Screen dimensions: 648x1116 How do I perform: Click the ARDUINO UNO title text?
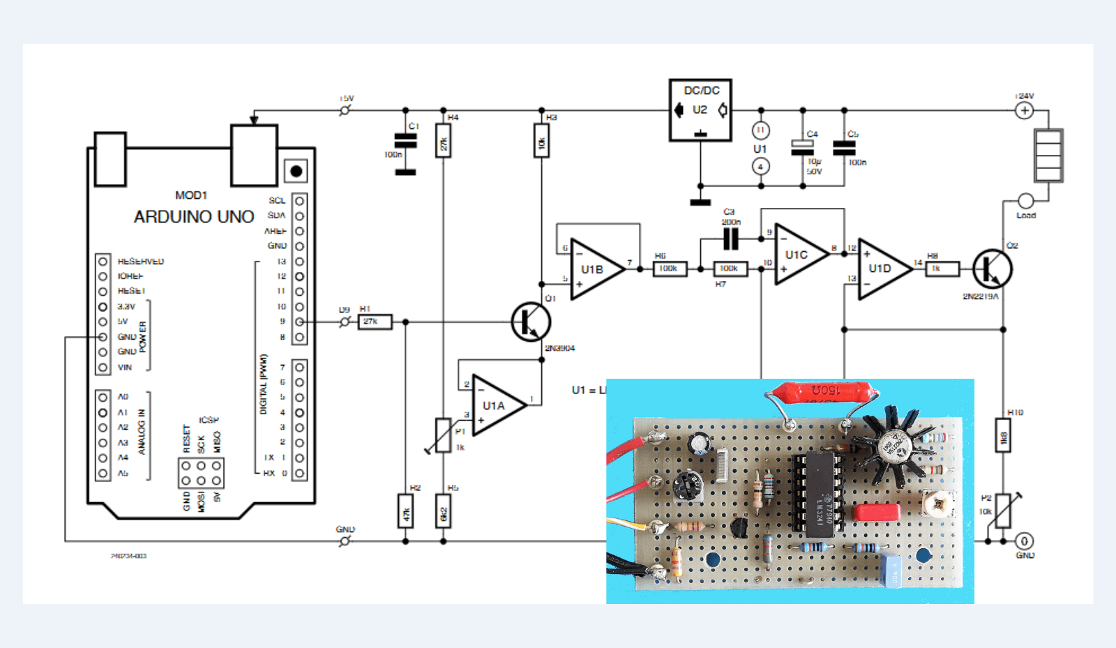point(194,217)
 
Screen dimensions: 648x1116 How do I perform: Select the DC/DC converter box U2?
point(700,110)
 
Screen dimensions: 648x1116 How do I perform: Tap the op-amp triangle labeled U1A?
point(497,406)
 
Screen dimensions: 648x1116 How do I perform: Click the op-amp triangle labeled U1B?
point(595,270)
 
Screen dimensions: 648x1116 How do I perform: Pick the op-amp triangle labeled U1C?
point(799,255)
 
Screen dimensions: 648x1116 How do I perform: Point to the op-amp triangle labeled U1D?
point(882,269)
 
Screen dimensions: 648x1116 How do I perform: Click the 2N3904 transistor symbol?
point(531,322)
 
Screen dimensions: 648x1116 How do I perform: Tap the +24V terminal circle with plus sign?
point(1024,110)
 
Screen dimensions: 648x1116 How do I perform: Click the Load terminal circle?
point(1025,201)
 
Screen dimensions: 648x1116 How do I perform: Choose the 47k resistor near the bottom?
point(405,511)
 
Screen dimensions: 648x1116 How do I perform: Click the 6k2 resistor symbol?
point(443,511)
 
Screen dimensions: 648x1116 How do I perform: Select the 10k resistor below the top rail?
point(541,141)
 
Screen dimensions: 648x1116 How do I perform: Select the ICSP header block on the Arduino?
point(201,473)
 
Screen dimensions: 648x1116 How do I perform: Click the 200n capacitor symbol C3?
point(730,239)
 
